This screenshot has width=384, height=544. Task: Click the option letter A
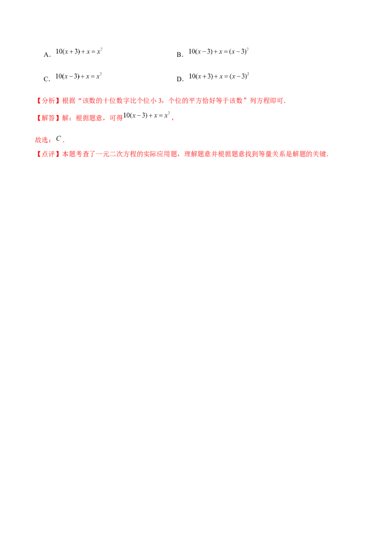[46, 55]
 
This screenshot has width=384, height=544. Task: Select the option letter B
[179, 55]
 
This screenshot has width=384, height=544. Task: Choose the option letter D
[179, 79]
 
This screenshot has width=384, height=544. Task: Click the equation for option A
[79, 51]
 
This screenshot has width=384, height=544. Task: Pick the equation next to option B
[219, 51]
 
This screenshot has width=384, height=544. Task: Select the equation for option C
[79, 76]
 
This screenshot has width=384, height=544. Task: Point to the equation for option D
[219, 76]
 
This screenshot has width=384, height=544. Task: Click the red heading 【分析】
[48, 101]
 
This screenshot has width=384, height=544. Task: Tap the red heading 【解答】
[48, 118]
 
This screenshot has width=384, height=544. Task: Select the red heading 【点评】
[48, 154]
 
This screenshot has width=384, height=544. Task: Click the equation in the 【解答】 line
[146, 115]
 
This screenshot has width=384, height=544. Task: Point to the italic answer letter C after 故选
[58, 139]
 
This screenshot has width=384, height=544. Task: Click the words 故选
[42, 140]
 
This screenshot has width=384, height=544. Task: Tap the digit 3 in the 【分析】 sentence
[160, 101]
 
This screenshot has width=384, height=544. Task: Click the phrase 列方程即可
[266, 101]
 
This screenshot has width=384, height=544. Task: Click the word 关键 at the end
[320, 154]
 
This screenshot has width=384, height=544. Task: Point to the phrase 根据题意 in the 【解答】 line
[89, 118]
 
